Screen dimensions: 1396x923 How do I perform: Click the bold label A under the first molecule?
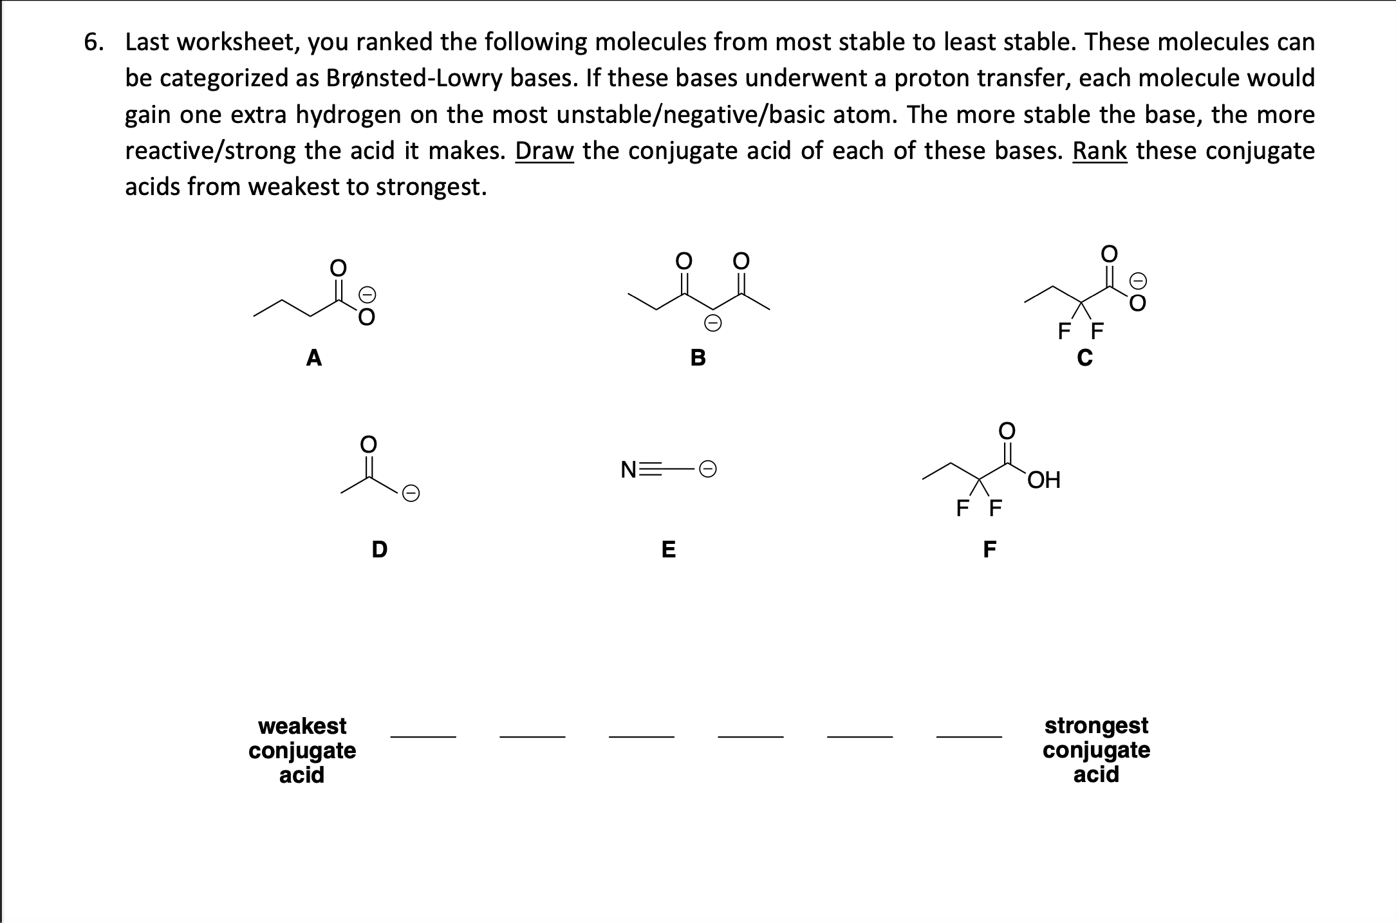[313, 357]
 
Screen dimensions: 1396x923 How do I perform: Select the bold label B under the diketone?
[698, 357]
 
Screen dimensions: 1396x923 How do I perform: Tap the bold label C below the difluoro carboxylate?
[1084, 358]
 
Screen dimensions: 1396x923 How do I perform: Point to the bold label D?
[380, 550]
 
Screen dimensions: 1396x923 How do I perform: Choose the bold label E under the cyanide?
[669, 550]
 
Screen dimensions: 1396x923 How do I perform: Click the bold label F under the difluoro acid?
[989, 550]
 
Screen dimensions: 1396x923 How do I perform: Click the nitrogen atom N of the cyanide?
[629, 470]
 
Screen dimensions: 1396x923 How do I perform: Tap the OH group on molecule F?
[1043, 480]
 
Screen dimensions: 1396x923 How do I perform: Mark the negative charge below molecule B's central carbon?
[712, 323]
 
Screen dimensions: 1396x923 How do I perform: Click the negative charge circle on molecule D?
[411, 494]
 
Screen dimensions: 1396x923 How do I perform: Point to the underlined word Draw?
[544, 151]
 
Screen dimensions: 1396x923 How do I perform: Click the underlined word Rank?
[1099, 151]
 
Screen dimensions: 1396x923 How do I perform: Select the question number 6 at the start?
[93, 42]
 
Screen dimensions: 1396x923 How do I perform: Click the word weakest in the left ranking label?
[302, 725]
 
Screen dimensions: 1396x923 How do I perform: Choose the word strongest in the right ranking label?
[1096, 725]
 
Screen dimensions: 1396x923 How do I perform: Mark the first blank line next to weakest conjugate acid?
[423, 735]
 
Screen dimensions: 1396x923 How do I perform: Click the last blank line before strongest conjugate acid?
[969, 735]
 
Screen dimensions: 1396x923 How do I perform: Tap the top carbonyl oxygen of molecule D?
[368, 444]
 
